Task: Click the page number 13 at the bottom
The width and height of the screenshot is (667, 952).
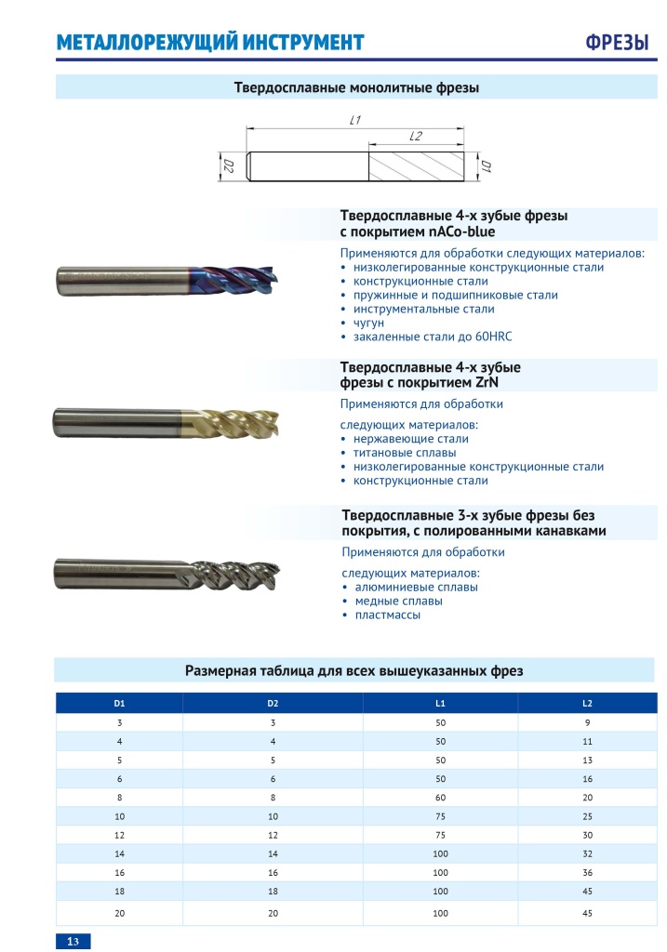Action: point(73,942)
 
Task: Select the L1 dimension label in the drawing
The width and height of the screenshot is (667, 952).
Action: point(354,120)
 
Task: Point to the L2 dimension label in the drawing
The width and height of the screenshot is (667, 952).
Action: point(416,137)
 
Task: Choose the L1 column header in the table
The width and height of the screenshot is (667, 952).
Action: point(440,703)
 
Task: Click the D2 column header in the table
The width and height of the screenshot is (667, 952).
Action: point(273,703)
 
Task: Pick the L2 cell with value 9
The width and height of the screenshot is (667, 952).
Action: point(587,722)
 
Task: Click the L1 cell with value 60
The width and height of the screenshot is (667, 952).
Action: point(440,798)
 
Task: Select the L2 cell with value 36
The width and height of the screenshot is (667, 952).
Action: point(587,873)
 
